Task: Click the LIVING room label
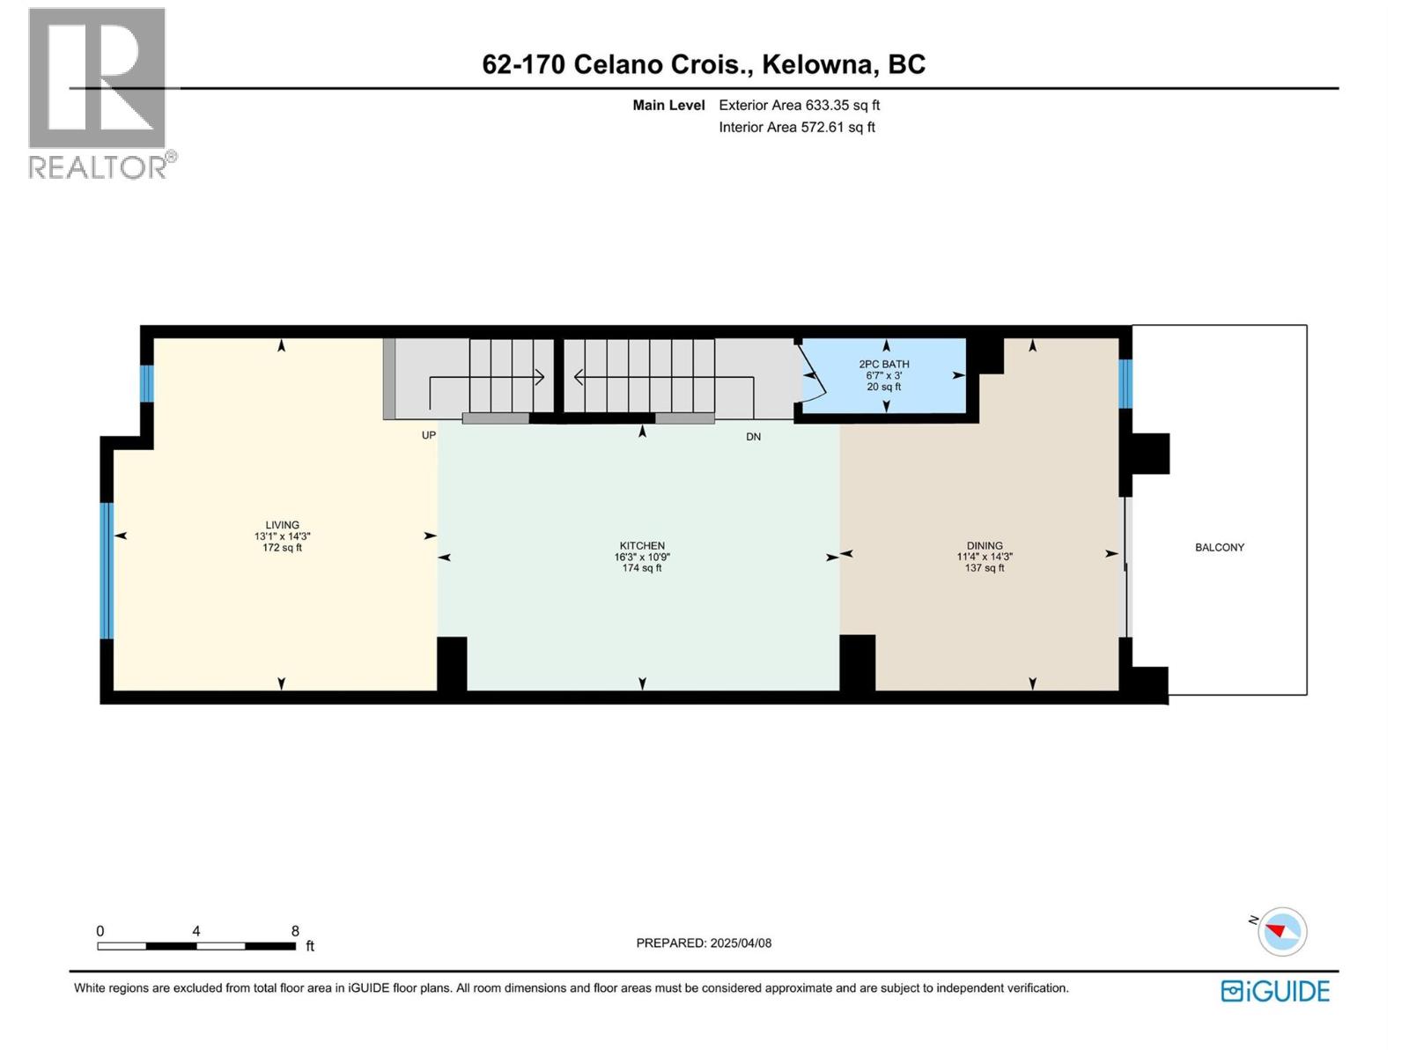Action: [x=282, y=526]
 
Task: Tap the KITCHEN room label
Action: [x=642, y=546]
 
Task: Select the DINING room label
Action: [x=985, y=546]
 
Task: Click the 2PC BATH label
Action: [x=884, y=364]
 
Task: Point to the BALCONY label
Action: [x=1220, y=547]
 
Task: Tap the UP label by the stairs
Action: [x=429, y=435]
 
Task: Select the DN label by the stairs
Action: [x=753, y=436]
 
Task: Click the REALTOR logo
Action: [x=98, y=92]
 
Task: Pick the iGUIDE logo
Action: [x=1275, y=991]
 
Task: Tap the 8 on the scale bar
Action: [x=295, y=931]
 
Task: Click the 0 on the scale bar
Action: [x=100, y=931]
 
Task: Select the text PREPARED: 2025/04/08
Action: [x=704, y=942]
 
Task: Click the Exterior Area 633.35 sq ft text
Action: [x=799, y=105]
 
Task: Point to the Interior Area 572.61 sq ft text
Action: [x=796, y=127]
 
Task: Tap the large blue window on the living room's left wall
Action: [x=107, y=570]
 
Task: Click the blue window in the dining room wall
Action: [x=1125, y=383]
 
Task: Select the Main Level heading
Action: [x=668, y=105]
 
